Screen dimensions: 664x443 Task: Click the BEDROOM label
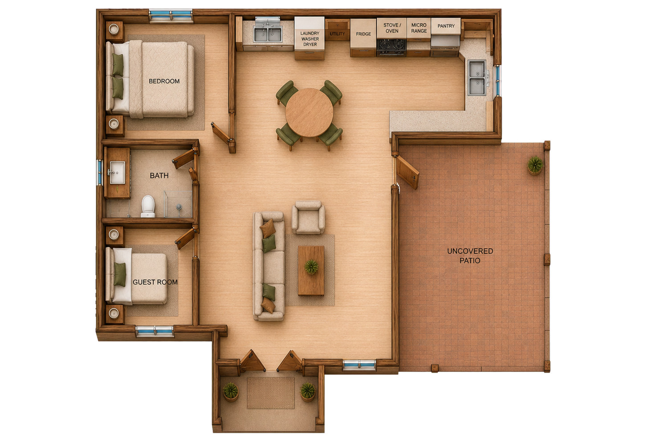[x=164, y=81]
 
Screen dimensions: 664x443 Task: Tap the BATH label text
[x=159, y=176]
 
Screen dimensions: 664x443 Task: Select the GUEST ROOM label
[x=155, y=282]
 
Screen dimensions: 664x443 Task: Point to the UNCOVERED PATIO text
[x=470, y=256]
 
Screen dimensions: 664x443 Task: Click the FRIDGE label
[x=363, y=34]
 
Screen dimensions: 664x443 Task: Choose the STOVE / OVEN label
[x=392, y=28]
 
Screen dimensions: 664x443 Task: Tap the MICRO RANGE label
[x=419, y=28]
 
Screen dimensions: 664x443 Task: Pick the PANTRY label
[x=446, y=26]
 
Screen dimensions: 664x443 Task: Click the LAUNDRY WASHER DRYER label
[x=310, y=39]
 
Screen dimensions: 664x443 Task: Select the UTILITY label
[x=337, y=34]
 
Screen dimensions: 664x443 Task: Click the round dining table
[x=309, y=113]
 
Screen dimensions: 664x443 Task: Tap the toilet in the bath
[x=148, y=206]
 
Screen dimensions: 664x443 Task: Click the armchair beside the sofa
[x=308, y=217]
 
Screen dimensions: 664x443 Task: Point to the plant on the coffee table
[x=311, y=266]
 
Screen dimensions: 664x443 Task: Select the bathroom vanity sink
[x=118, y=172]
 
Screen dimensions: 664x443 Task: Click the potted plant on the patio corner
[x=535, y=165]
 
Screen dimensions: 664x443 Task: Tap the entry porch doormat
[x=271, y=393]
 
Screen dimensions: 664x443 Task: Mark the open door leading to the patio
[x=407, y=173]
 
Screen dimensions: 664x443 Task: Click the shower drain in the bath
[x=179, y=207]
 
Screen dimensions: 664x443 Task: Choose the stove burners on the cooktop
[x=392, y=45]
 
